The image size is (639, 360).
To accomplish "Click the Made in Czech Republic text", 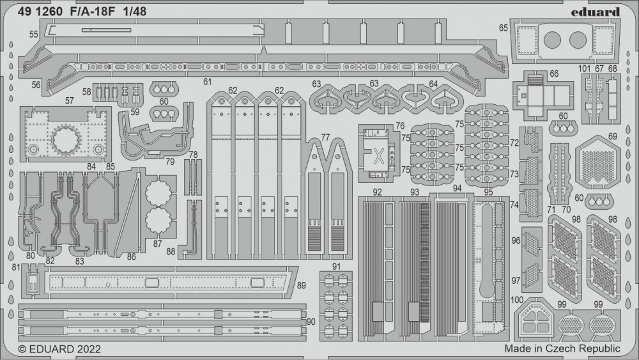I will pos(562,348).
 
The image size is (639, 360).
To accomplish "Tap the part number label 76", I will pos(400,125).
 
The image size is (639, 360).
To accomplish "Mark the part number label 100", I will pos(518,300).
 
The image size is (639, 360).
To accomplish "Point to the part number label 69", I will pos(613,136).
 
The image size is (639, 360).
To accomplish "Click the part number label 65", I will pos(504,27).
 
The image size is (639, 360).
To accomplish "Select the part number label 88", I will pos(171,251).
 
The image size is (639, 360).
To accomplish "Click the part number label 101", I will pos(584,69).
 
